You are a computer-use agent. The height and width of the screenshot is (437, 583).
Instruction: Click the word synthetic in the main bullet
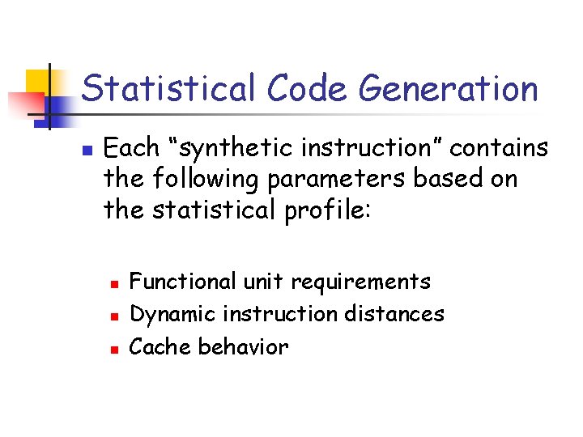pyautogui.click(x=243, y=149)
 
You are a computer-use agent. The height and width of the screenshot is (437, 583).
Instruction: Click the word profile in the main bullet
pyautogui.click(x=332, y=210)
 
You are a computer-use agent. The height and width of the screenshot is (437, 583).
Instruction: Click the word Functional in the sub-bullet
pyautogui.click(x=181, y=282)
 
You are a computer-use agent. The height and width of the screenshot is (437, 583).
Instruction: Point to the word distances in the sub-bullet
pyautogui.click(x=398, y=314)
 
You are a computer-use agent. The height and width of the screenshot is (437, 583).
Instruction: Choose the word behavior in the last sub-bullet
pyautogui.click(x=243, y=347)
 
